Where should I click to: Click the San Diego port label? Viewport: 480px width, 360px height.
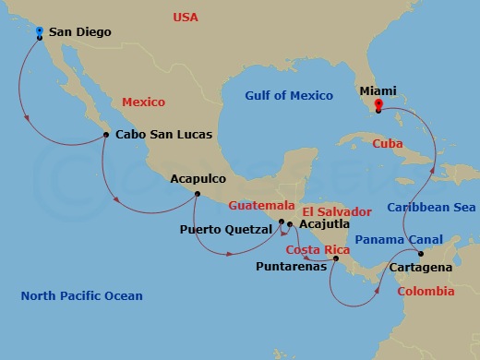tap(79, 32)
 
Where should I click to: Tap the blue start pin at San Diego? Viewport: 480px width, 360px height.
tap(39, 32)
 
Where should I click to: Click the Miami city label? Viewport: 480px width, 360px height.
tap(378, 91)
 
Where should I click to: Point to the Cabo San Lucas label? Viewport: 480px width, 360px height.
tap(164, 135)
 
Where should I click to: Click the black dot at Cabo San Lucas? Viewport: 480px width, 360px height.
tap(107, 135)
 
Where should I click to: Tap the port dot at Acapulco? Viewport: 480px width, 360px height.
tap(198, 193)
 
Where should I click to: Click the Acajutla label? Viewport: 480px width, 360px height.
tap(325, 223)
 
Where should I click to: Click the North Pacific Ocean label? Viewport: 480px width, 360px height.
tap(82, 295)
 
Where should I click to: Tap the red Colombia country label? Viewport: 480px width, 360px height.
tap(426, 291)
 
